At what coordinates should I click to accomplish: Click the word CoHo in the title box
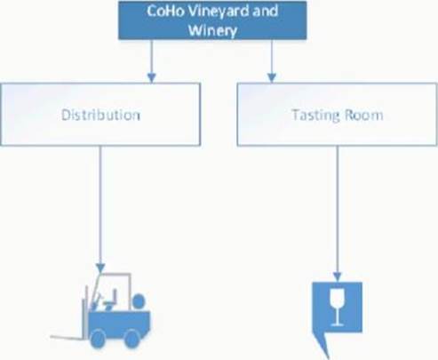coord(165,11)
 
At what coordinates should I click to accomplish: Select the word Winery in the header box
coord(212,30)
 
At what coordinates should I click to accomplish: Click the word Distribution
coord(100,115)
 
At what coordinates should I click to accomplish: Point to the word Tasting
coord(315,116)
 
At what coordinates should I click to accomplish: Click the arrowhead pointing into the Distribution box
coord(152,78)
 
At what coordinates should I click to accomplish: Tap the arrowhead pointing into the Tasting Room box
coord(272,78)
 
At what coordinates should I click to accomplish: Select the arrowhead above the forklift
coord(100,268)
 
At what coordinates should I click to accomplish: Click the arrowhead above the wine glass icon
coord(338,277)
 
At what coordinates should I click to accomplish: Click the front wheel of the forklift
coord(98,339)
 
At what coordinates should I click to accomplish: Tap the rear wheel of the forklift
coord(131,339)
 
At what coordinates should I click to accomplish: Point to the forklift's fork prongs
coord(68,337)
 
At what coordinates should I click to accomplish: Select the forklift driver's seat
coord(110,300)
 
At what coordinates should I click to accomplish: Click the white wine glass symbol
coord(338,307)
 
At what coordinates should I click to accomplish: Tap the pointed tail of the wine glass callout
coord(327,357)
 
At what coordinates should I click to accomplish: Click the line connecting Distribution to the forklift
coord(100,204)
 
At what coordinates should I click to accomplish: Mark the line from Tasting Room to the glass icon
coord(337,209)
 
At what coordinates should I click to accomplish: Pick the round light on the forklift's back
coord(139,302)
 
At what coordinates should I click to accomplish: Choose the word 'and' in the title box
coord(267,11)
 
